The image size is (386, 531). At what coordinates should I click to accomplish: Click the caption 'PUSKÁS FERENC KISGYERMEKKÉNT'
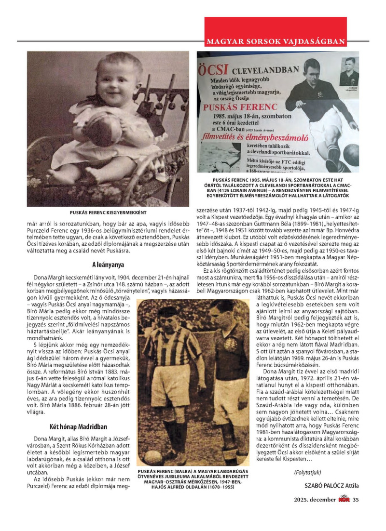pyautogui.click(x=108, y=212)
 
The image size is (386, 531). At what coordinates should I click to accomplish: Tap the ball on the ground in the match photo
pyautogui.click(x=153, y=455)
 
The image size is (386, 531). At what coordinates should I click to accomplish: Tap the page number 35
pyautogui.click(x=356, y=499)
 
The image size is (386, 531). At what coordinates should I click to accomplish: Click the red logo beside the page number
pyautogui.click(x=344, y=499)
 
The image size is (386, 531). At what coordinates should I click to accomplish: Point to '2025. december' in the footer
pyautogui.click(x=315, y=499)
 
